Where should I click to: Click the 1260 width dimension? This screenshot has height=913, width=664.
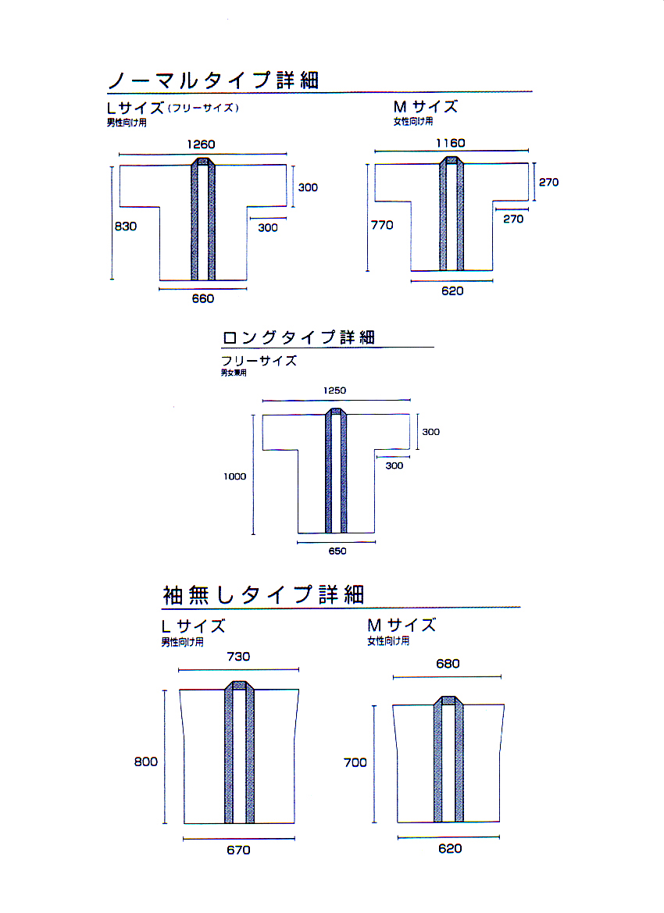201,144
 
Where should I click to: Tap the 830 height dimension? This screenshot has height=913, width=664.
126,226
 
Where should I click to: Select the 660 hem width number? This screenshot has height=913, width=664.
202,298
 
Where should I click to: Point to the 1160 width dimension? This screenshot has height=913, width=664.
450,143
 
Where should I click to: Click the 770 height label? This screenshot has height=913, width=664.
382,225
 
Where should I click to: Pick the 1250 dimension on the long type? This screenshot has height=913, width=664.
335,391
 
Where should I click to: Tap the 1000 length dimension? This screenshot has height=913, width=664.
234,476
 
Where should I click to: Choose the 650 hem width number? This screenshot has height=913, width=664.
337,551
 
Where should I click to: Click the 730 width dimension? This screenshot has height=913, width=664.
238,657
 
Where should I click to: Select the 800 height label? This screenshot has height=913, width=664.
145,761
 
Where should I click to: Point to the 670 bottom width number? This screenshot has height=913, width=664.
238,850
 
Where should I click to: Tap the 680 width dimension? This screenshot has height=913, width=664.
448,664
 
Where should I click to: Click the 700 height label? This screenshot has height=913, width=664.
355,763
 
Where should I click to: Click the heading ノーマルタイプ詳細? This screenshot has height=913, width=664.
214,80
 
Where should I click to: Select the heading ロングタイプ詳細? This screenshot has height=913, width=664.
298,337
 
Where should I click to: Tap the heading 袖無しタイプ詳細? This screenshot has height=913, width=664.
264,594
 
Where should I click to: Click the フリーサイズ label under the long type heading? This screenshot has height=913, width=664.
259,361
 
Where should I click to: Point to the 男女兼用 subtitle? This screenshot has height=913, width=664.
234,373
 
